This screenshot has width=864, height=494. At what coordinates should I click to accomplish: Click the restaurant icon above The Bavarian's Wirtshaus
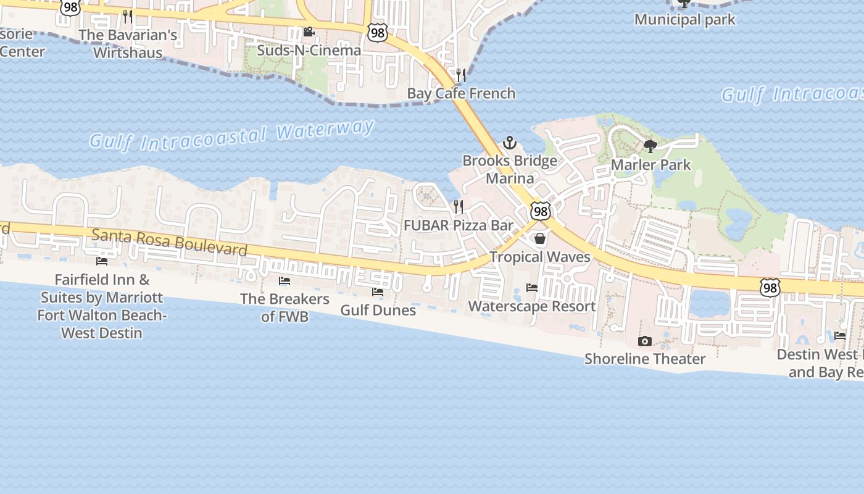128,16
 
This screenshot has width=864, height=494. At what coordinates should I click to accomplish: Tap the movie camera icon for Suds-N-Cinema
309,32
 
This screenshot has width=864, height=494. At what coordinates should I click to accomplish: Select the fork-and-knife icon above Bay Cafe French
461,75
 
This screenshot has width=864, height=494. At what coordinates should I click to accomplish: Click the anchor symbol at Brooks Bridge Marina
509,143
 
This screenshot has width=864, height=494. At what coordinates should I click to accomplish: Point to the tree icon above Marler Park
650,146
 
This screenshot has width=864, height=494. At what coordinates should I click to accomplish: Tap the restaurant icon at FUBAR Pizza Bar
459,207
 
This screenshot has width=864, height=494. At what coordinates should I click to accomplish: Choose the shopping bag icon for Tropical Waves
540,238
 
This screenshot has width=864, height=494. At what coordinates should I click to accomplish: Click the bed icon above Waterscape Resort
531,288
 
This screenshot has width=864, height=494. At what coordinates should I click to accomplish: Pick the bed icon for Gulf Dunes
378,291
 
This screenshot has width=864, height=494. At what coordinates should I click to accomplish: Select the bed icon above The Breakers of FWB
285,281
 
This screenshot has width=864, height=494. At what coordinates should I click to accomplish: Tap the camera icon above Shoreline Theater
645,341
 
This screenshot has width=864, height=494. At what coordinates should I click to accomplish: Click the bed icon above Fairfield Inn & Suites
102,261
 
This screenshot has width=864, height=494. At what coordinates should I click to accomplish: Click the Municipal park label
685,20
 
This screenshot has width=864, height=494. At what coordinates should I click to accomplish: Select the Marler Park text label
651,165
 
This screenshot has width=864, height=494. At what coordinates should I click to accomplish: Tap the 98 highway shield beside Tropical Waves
541,211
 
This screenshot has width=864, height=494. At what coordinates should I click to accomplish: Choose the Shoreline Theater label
645,359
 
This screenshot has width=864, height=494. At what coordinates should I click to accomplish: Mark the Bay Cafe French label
461,93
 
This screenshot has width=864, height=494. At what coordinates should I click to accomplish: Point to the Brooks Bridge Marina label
510,169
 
